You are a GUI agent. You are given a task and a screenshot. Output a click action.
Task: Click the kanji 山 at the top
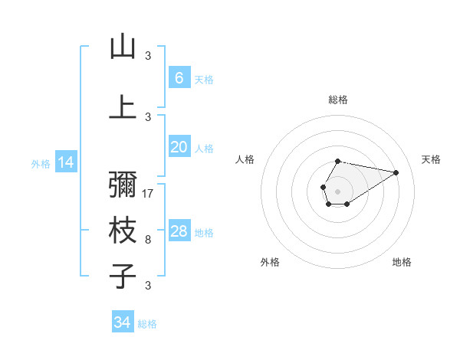123,47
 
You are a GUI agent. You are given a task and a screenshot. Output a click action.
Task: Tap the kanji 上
123,106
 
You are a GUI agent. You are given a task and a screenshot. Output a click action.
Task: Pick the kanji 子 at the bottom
123,276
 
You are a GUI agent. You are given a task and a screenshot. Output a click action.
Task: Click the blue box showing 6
179,78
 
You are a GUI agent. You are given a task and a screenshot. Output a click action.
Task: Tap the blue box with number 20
179,147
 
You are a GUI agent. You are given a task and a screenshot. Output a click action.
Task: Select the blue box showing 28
179,231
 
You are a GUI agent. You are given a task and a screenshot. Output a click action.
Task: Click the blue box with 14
65,162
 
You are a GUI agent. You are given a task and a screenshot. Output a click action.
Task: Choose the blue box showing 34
122,322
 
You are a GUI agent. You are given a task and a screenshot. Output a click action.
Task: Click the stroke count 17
149,194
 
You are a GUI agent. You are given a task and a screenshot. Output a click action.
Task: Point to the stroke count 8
148,240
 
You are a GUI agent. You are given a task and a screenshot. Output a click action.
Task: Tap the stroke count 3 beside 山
148,55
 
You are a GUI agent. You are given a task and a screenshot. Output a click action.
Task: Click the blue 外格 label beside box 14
41,163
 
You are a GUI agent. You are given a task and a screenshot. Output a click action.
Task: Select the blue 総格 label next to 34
147,324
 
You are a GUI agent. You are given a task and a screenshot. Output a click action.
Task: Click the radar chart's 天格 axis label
432,159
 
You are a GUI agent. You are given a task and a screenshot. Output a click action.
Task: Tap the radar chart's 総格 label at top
337,100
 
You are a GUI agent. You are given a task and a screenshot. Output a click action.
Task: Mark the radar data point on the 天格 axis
396,172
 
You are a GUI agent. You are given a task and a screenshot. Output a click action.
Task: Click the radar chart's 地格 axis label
402,262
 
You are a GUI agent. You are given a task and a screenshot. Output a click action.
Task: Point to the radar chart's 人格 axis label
245,159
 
